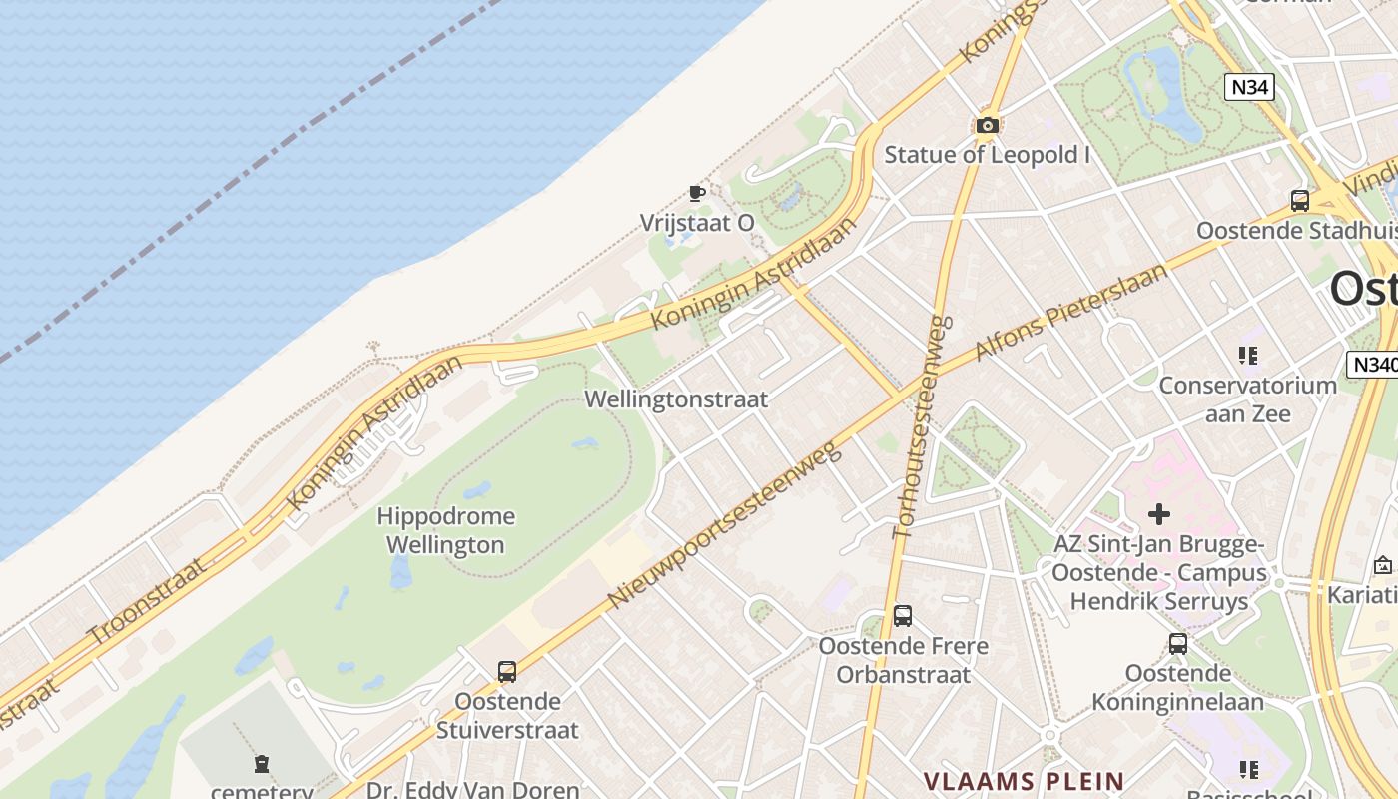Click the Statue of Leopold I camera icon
pos(987,126)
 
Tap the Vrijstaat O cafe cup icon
pos(697,193)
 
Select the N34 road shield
pos(1249,87)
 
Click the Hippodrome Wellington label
pos(445,530)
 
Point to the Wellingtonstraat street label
pos(676,399)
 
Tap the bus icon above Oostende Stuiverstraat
pos(507,672)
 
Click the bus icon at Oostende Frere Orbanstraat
pos(903,616)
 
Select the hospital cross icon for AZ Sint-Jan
pos(1158,514)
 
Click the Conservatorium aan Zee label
pos(1247,399)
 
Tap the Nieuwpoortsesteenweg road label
pos(726,525)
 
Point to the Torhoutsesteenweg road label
pos(919,427)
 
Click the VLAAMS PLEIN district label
pos(1024,781)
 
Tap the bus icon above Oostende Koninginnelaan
pos(1178,644)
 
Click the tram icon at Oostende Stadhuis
pos(1299,200)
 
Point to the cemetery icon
pos(262,764)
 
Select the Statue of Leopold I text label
pos(987,155)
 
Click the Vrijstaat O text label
pos(697,223)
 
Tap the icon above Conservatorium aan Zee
pos(1247,355)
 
